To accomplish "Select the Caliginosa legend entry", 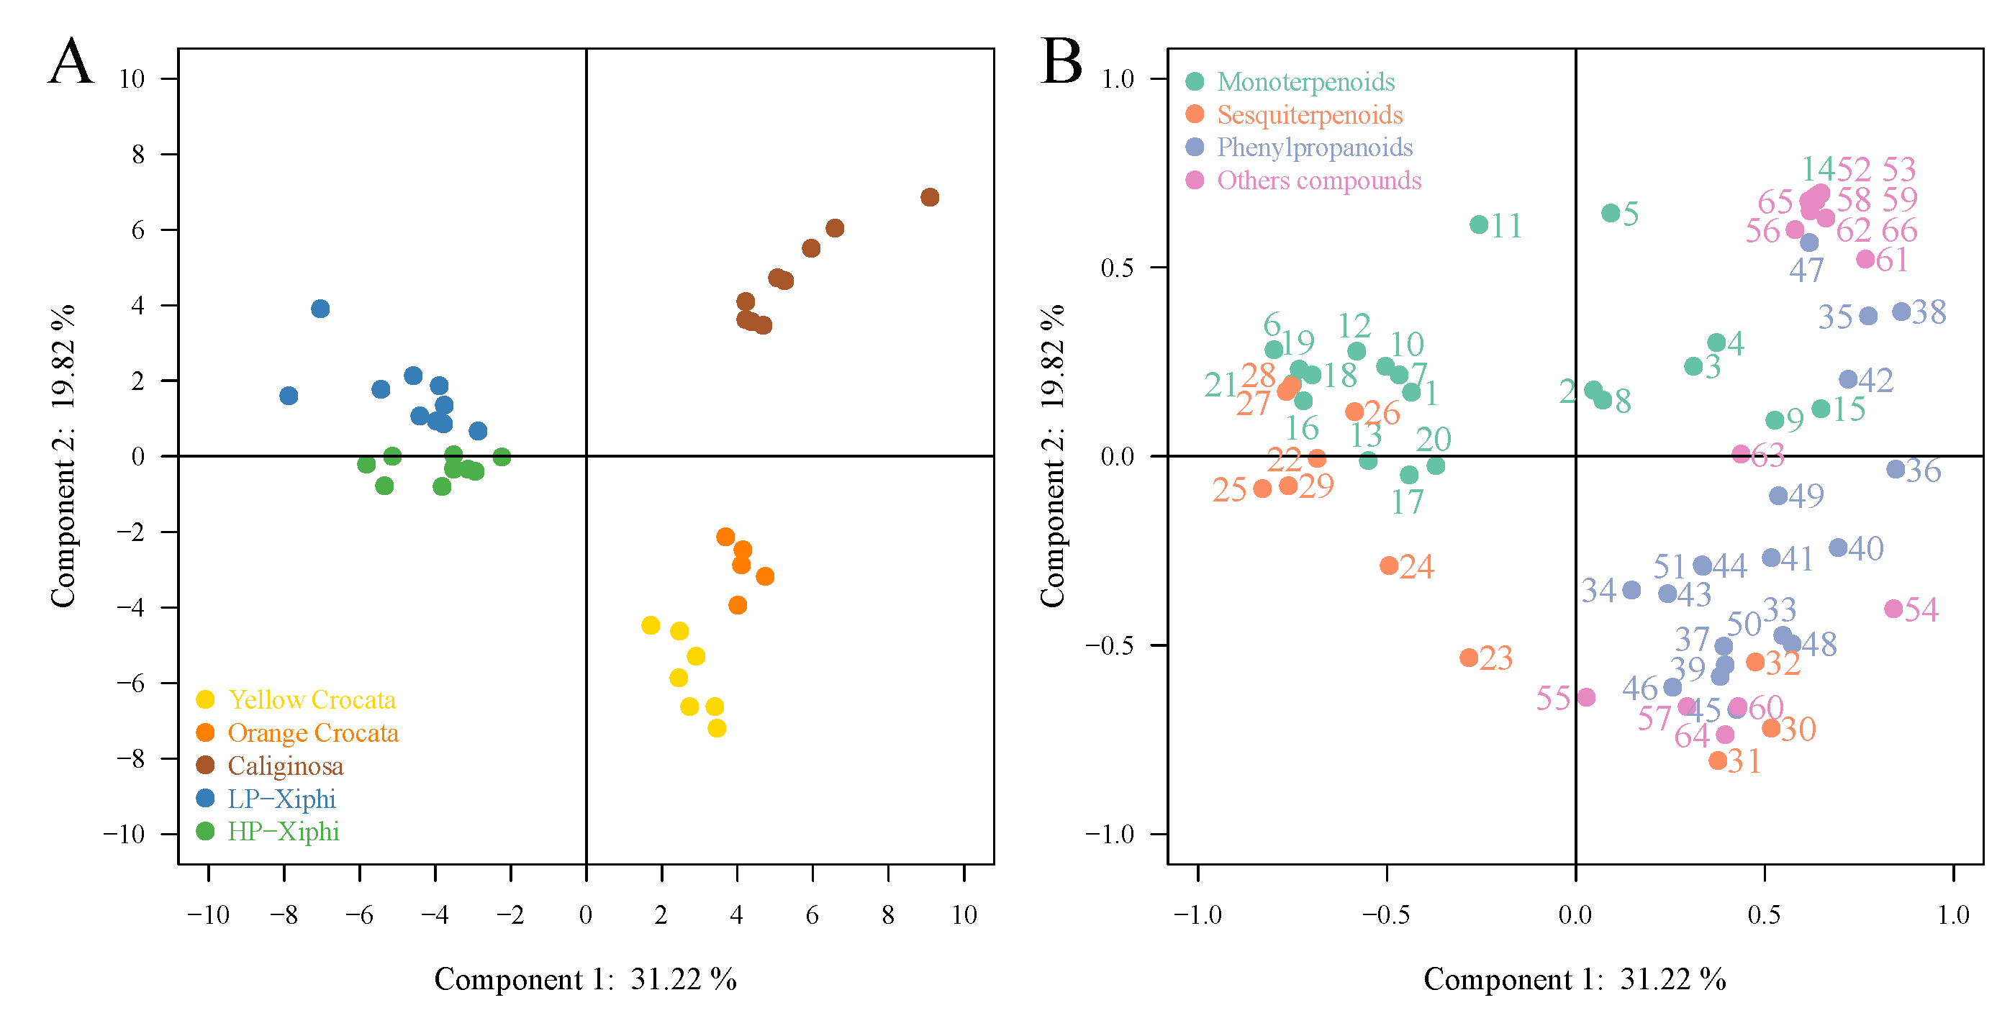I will pyautogui.click(x=285, y=766).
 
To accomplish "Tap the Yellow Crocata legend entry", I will pyautogui.click(x=312, y=700).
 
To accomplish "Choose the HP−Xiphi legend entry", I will pyautogui.click(x=282, y=832).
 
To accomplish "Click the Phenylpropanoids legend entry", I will pyautogui.click(x=1313, y=147).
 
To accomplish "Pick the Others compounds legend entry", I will pyautogui.click(x=1318, y=181).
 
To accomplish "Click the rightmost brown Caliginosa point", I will pyautogui.click(x=929, y=197).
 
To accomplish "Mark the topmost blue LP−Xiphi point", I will pyautogui.click(x=320, y=309).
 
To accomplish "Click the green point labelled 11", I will pyautogui.click(x=1478, y=225).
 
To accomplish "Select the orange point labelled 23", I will pyautogui.click(x=1469, y=658).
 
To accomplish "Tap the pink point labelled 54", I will pyautogui.click(x=1893, y=609).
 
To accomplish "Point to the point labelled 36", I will pyautogui.click(x=1896, y=469).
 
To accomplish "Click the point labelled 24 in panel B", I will pyautogui.click(x=1388, y=566).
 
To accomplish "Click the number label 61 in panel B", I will pyautogui.click(x=1892, y=260).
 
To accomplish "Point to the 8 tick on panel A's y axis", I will pyautogui.click(x=138, y=155).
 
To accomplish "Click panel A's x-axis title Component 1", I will pyautogui.click(x=585, y=979).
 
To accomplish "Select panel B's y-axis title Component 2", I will pyautogui.click(x=1052, y=455).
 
